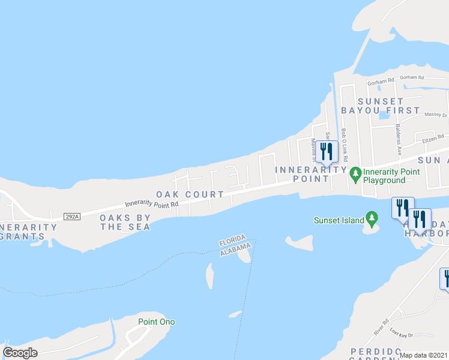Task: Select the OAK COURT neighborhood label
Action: click(x=190, y=194)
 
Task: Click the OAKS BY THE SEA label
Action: click(x=125, y=222)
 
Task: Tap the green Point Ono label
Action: click(x=156, y=322)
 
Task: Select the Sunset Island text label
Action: click(x=339, y=220)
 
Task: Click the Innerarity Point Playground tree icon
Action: click(x=355, y=174)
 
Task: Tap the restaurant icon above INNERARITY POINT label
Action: click(x=326, y=152)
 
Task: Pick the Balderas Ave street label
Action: click(x=398, y=139)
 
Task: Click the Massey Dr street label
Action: click(x=436, y=114)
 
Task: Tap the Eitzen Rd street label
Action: click(x=432, y=139)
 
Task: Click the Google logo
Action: click(x=20, y=352)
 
